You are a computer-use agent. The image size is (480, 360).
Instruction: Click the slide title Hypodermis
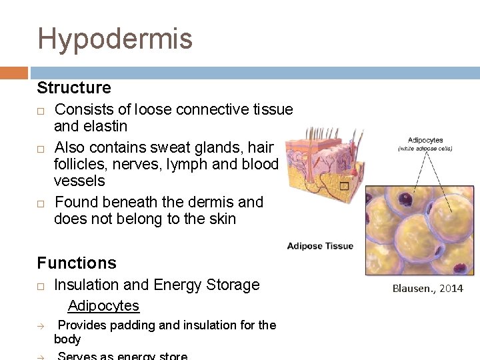115,39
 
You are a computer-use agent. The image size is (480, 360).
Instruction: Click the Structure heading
74,88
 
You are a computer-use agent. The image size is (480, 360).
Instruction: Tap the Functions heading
77,263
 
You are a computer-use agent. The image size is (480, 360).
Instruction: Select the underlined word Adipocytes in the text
103,306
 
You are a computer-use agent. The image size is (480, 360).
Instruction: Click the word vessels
79,181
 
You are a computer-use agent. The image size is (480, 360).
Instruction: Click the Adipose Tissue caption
320,247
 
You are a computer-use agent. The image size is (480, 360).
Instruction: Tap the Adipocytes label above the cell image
425,141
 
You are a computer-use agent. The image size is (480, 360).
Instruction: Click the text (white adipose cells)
425,149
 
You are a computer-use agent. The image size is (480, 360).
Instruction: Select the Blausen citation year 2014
451,288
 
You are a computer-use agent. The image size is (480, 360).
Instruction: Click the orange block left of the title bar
14,73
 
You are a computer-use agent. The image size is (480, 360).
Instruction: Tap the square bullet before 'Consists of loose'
41,110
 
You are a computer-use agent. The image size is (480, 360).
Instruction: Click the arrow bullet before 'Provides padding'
41,326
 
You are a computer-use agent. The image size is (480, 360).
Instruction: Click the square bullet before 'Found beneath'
41,203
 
